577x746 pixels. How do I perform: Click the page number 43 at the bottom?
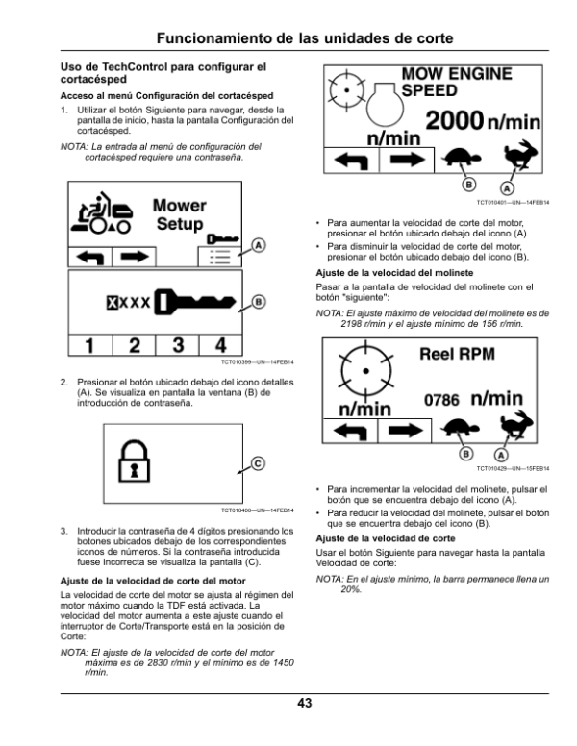pyautogui.click(x=304, y=704)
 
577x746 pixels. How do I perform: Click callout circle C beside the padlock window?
pyautogui.click(x=257, y=463)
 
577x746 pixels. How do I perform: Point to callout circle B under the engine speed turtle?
pyautogui.click(x=469, y=183)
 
